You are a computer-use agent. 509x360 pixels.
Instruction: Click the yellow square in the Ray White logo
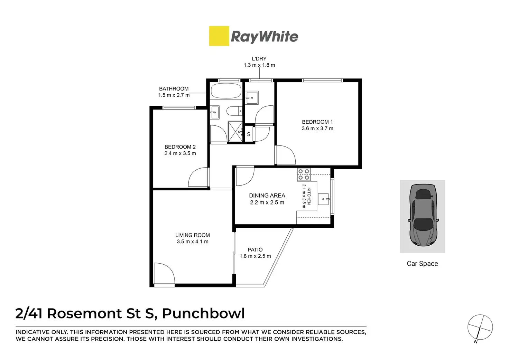[219, 36]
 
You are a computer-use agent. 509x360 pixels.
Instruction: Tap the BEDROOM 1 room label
[317, 122]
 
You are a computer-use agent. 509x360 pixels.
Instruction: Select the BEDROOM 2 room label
[180, 147]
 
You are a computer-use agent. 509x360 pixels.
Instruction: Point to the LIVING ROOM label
[192, 235]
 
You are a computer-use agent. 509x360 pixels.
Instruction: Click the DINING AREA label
[267, 196]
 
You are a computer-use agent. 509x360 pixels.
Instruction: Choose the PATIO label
[255, 249]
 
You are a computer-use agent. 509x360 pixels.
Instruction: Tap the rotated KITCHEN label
[309, 196]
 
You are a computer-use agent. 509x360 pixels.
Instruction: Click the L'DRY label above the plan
[259, 59]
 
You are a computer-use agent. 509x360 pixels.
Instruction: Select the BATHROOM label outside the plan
[174, 89]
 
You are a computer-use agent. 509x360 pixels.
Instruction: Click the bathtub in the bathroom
[225, 91]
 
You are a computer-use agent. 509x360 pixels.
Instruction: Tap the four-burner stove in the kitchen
[303, 174]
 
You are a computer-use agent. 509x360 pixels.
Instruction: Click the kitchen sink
[323, 199]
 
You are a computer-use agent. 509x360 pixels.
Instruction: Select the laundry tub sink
[251, 97]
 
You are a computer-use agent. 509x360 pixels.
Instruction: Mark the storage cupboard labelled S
[249, 134]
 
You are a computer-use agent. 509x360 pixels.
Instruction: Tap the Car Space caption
[422, 264]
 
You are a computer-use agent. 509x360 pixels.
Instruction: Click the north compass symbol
[480, 327]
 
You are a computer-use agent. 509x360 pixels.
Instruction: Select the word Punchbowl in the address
[203, 313]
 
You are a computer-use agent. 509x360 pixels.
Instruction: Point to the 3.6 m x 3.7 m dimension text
[317, 129]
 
